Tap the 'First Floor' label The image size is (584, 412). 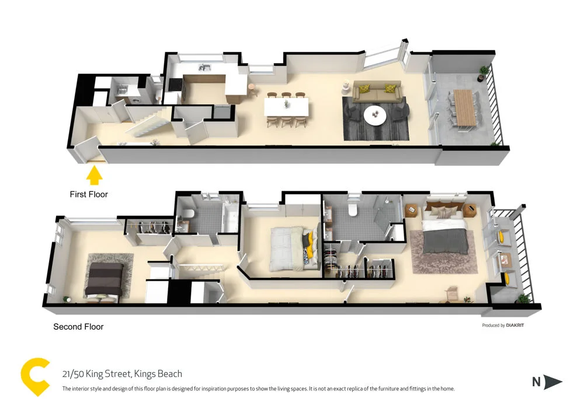pos(89,194)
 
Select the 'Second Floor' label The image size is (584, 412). pos(78,327)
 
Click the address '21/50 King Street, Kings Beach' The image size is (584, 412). pos(122,374)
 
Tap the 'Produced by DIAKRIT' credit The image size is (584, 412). pos(503,325)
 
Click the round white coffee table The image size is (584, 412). pos(375,115)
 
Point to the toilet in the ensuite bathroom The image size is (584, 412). pos(352,210)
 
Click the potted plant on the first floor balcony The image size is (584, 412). pos(484,72)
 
